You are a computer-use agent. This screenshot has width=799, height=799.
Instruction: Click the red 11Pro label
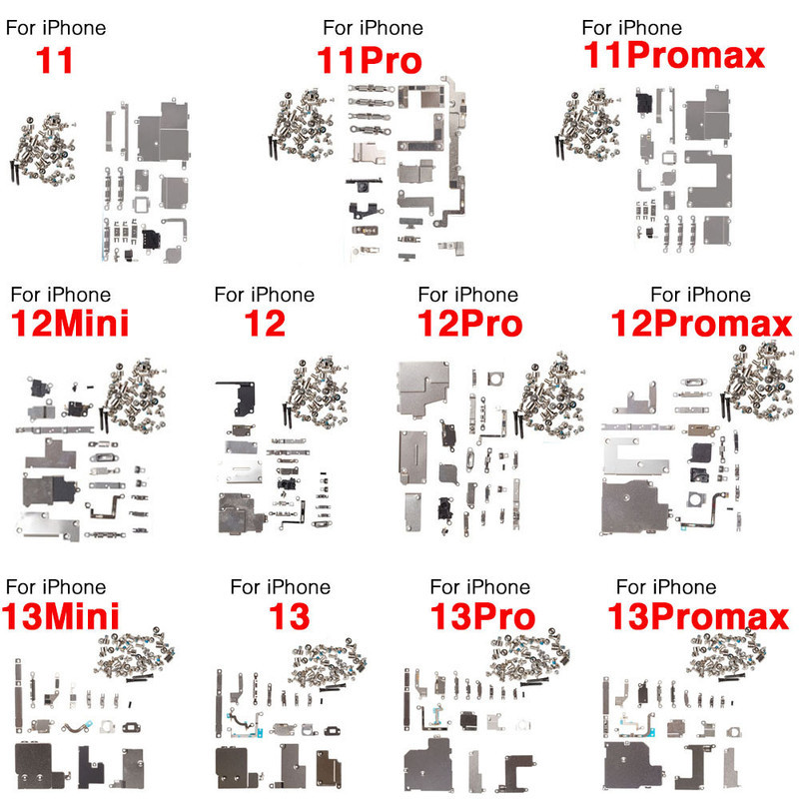[x=370, y=60]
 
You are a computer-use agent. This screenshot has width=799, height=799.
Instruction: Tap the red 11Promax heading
[x=674, y=55]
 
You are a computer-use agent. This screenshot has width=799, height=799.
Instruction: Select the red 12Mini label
[x=70, y=323]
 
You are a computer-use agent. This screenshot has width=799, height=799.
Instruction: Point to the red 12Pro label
[x=469, y=324]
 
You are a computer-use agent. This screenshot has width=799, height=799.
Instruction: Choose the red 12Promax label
[x=702, y=323]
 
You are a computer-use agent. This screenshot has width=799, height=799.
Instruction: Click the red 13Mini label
[x=61, y=616]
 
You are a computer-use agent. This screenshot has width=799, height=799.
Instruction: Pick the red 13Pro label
[x=482, y=616]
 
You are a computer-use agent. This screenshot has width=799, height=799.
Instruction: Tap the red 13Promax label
[x=698, y=616]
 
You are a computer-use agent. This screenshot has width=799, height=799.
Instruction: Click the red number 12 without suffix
[x=265, y=323]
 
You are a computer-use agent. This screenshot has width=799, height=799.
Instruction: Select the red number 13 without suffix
[x=289, y=616]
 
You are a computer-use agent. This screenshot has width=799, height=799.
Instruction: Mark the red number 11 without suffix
[x=54, y=60]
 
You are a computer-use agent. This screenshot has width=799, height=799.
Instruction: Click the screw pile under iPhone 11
[x=43, y=149]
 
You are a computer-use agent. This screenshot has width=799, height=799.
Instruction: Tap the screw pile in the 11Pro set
[x=302, y=125]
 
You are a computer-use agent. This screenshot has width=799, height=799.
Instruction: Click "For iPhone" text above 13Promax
[x=666, y=587]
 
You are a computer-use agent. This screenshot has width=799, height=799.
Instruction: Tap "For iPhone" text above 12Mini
[x=61, y=295]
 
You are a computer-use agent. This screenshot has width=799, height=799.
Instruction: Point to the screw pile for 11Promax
[x=588, y=126]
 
